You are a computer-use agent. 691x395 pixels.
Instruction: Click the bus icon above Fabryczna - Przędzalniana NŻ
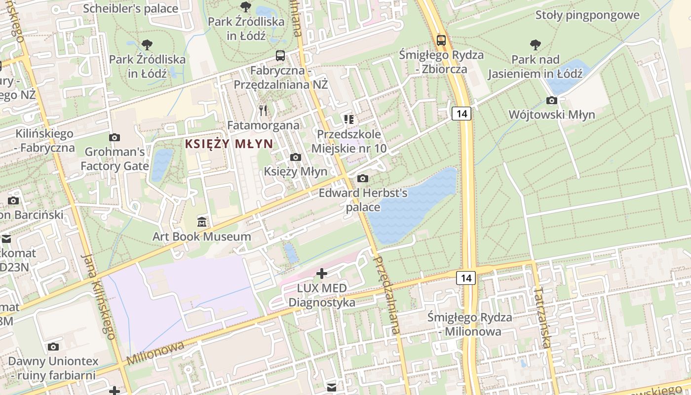click(280, 55)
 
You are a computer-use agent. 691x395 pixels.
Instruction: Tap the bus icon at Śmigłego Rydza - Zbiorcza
click(441, 40)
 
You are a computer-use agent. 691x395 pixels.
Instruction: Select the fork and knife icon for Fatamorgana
click(263, 111)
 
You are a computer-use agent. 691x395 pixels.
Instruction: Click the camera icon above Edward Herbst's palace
click(363, 178)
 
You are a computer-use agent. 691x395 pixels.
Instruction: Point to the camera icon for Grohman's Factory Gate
click(115, 137)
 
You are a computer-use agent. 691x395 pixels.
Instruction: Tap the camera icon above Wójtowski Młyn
click(552, 101)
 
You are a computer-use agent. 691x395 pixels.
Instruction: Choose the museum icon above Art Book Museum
click(201, 222)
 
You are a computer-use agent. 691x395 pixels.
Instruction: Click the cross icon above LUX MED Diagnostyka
click(322, 273)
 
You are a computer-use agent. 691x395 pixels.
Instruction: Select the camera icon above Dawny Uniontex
click(53, 347)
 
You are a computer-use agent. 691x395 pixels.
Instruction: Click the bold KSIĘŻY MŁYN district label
click(229, 144)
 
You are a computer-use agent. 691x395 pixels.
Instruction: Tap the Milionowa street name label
click(155, 353)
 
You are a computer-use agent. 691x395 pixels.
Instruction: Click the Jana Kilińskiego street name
click(99, 296)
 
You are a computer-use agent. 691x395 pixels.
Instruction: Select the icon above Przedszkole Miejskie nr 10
click(349, 119)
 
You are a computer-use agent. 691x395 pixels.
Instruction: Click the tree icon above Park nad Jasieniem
click(535, 45)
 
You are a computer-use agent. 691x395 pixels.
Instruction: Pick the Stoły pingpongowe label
click(587, 15)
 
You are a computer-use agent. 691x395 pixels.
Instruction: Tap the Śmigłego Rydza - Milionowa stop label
click(469, 324)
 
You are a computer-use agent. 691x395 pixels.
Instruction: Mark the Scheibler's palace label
click(130, 8)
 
